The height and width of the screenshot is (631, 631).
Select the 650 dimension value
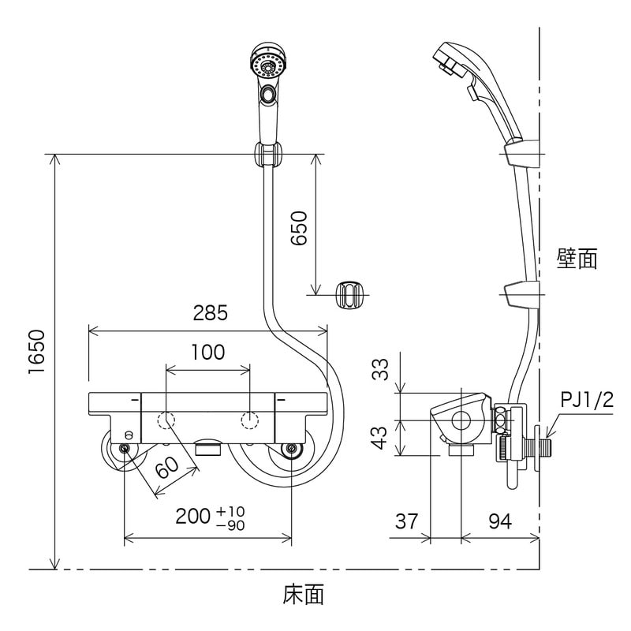click(x=299, y=228)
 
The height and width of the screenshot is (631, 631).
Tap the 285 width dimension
click(x=210, y=312)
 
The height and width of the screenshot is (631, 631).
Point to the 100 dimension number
click(x=208, y=352)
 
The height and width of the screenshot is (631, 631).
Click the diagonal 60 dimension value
click(x=168, y=465)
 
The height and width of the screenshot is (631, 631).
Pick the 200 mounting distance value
click(x=192, y=517)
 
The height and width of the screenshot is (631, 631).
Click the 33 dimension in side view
click(x=380, y=369)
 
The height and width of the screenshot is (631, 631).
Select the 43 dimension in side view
click(x=380, y=438)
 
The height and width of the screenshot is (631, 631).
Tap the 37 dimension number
click(x=407, y=521)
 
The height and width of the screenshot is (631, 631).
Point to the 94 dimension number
click(x=500, y=521)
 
